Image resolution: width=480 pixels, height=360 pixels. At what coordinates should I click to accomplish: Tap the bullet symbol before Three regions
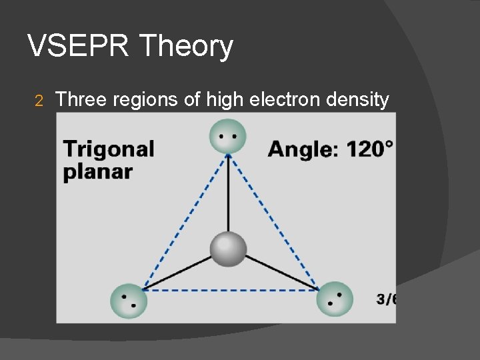pos(39,101)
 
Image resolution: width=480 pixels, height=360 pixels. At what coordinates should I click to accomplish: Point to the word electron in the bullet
pos(283,100)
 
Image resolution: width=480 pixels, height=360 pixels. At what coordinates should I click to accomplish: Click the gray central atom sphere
pos(228,249)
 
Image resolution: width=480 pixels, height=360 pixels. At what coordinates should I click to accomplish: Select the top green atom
pos(227,136)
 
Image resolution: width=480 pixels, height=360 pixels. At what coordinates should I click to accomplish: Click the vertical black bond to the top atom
pos(228,193)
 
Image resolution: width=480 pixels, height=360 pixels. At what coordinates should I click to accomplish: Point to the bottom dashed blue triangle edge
pos(230,289)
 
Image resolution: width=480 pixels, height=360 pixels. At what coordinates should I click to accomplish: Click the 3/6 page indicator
pos(386,299)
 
